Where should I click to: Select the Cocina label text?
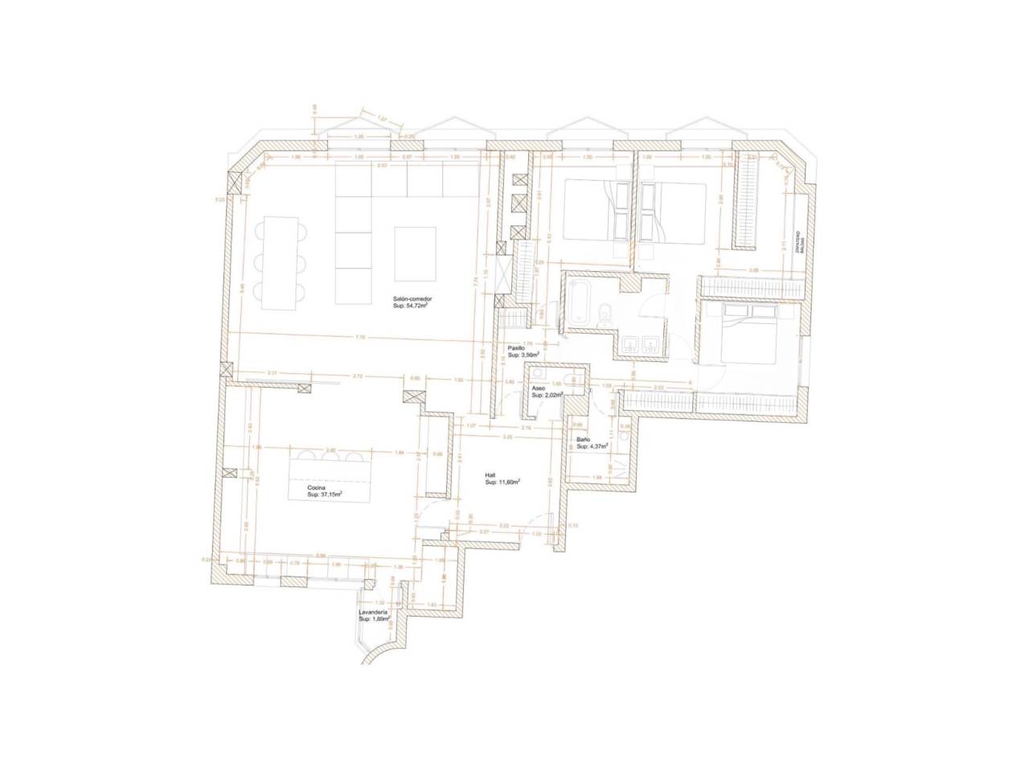click(316, 487)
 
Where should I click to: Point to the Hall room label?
click(490, 474)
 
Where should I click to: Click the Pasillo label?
click(516, 347)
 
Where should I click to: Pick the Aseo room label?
click(539, 388)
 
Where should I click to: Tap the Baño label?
click(584, 439)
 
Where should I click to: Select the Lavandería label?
click(374, 612)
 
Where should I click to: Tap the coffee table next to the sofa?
click(416, 253)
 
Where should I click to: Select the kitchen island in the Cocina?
click(330, 477)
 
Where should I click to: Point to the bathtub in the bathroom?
click(580, 306)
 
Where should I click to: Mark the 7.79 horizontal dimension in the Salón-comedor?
click(359, 338)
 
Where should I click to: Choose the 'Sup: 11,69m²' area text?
click(502, 482)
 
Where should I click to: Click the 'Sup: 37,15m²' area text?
click(326, 495)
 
